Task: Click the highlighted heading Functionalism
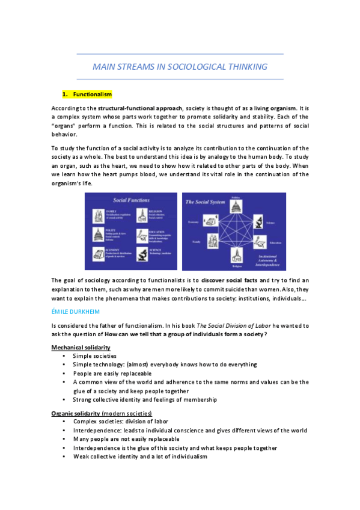[92, 94]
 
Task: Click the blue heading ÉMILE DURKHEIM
[75, 312]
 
